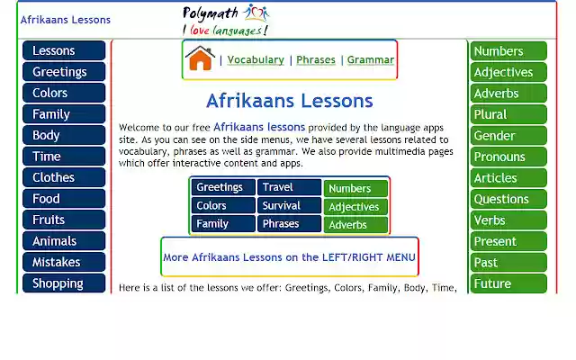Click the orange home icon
(x=199, y=58)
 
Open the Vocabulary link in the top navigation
(x=256, y=60)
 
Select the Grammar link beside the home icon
(x=370, y=60)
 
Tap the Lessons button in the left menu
(x=63, y=50)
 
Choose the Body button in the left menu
(x=63, y=135)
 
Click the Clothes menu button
(x=63, y=177)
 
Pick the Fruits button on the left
(x=63, y=220)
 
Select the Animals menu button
(x=63, y=241)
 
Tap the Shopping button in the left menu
(x=63, y=283)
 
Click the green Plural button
(x=508, y=114)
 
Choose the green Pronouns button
(x=508, y=157)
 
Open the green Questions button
(x=508, y=199)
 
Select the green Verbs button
(x=508, y=220)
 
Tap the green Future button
(x=508, y=283)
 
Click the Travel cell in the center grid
(x=289, y=187)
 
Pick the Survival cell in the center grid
(x=289, y=205)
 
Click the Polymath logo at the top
(x=226, y=20)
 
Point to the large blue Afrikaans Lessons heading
(x=289, y=100)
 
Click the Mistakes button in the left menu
(x=63, y=262)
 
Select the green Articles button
(x=508, y=178)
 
